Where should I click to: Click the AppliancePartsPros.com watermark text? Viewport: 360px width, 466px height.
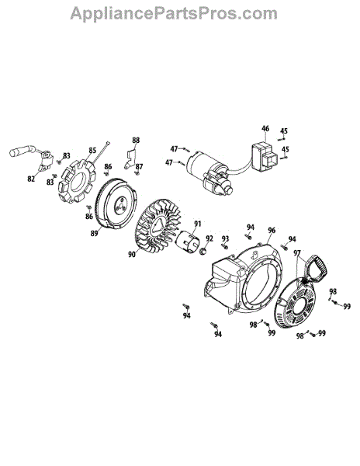174,13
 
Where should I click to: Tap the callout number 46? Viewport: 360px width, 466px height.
265,129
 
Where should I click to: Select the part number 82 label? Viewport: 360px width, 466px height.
31,179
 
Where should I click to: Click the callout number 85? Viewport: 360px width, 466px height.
92,151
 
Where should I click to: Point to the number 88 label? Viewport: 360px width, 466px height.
136,140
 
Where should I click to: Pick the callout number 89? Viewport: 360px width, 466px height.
95,233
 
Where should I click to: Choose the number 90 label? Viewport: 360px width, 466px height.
132,255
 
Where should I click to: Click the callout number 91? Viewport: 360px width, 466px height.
198,224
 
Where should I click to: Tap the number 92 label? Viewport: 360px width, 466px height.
209,238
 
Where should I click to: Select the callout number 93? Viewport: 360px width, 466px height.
226,238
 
